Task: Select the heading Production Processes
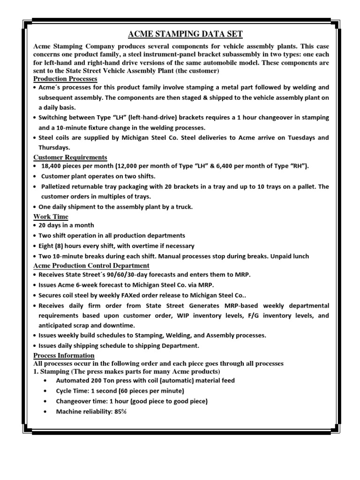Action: pos(65,79)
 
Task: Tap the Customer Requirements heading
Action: pos(70,157)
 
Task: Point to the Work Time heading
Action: pos(51,217)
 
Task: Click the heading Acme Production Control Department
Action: pos(91,266)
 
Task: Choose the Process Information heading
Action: pos(64,356)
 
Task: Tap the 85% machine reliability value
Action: pos(120,412)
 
